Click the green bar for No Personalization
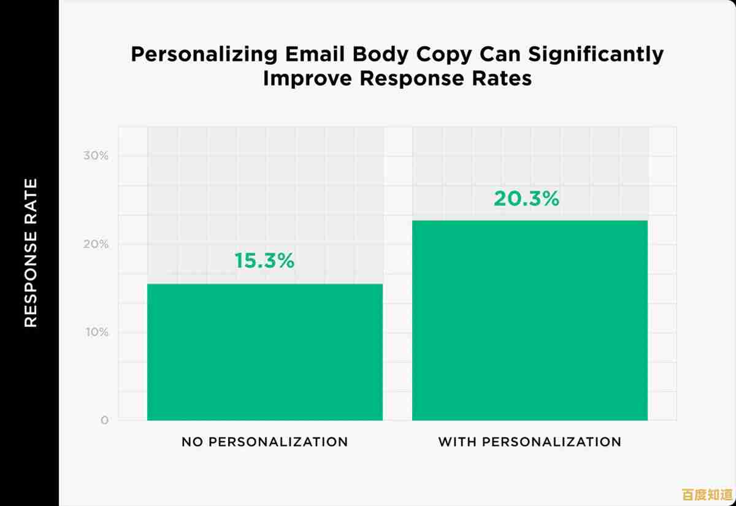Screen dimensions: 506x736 (265, 352)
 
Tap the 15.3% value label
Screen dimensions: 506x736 (264, 261)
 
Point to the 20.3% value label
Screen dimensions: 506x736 (526, 199)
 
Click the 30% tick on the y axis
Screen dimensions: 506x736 (96, 156)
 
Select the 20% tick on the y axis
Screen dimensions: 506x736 (96, 244)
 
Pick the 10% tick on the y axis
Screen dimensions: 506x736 (96, 332)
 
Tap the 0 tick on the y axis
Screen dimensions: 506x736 (104, 421)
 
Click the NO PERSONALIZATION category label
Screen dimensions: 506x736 (264, 442)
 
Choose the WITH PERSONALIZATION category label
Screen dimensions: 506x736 (529, 442)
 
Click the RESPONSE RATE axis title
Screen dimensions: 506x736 (31, 253)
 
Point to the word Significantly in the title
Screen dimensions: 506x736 (596, 55)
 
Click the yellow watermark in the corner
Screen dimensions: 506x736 (707, 494)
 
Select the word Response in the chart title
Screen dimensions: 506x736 (402, 79)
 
